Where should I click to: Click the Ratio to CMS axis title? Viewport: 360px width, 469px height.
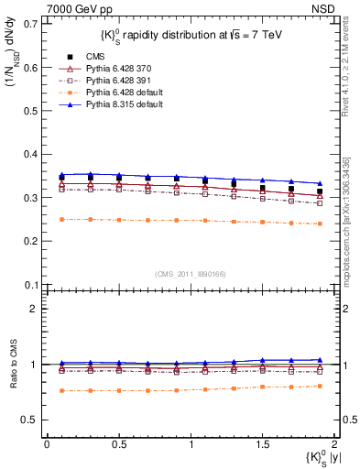13,378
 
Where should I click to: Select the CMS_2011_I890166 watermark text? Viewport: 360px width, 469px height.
190,274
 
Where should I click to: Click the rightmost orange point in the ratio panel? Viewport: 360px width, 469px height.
320,386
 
